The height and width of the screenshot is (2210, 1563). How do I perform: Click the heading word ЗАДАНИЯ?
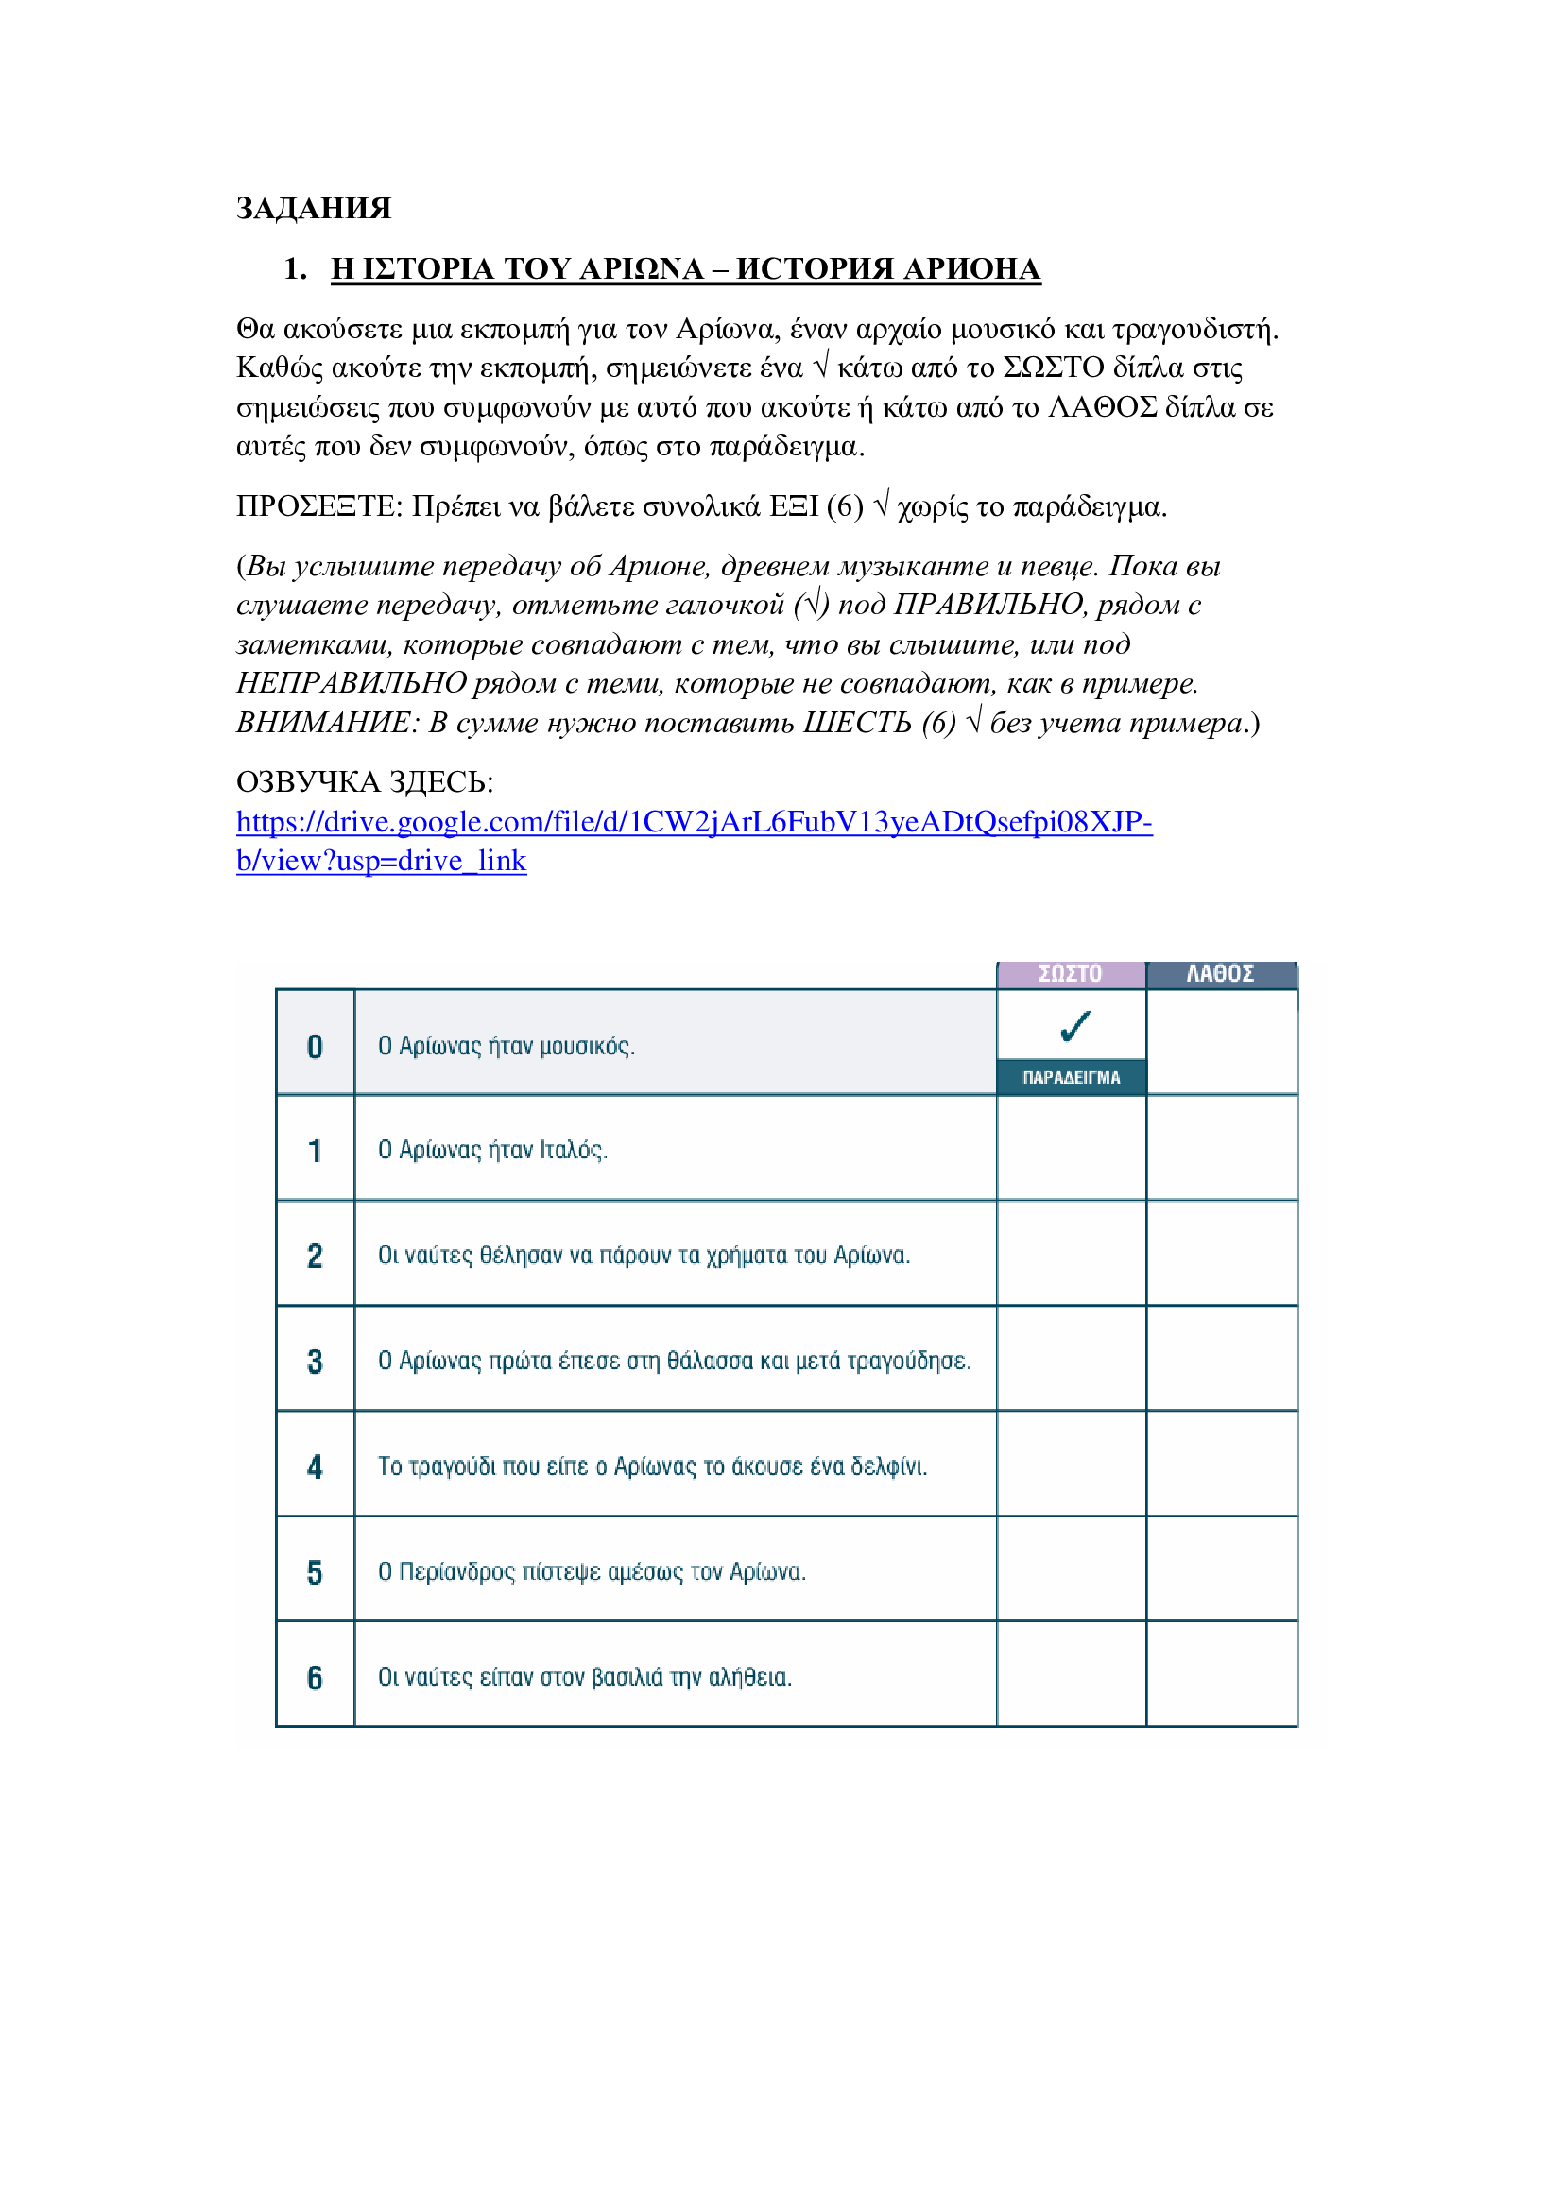tap(314, 209)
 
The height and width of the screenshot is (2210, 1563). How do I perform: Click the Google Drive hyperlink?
tap(693, 822)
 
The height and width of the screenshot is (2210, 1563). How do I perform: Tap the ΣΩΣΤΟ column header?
tap(1071, 974)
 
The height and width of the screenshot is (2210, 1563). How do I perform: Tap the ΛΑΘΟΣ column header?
tap(1220, 974)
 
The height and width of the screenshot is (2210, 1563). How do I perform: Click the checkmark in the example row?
tap(1075, 1026)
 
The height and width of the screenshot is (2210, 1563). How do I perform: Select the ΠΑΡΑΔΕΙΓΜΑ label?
tap(1072, 1078)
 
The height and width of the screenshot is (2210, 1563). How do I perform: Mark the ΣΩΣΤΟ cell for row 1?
tap(1072, 1148)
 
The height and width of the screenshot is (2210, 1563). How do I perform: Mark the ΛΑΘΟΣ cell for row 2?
tap(1221, 1253)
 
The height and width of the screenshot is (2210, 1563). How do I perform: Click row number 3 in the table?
tap(315, 1361)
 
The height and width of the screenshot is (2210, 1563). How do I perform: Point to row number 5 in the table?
tap(315, 1572)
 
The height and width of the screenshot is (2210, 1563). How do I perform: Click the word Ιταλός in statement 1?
tap(574, 1150)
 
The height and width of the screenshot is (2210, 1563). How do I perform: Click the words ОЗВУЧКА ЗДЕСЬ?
tap(365, 781)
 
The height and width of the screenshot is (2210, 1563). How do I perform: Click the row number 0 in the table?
tap(315, 1046)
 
